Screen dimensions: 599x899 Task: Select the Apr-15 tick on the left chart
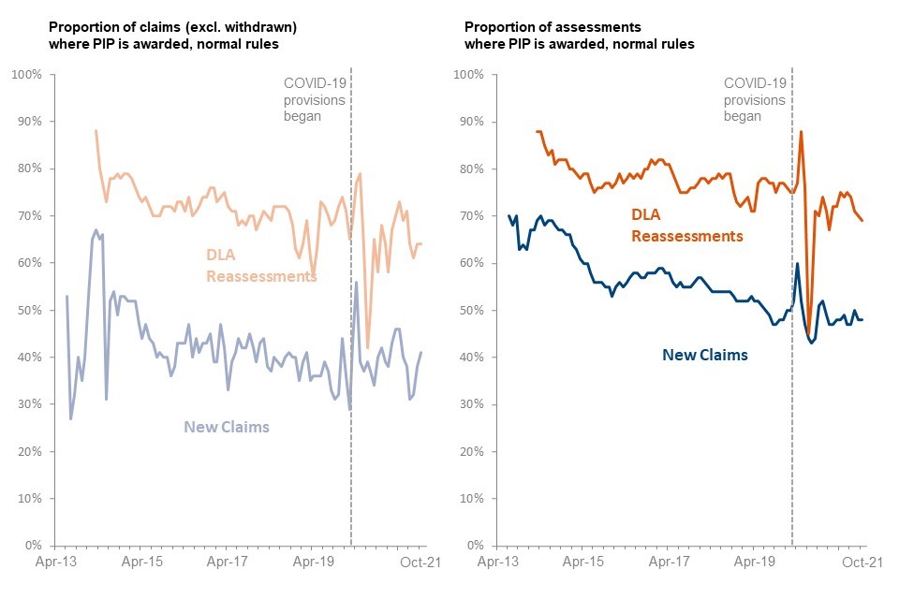coord(142,562)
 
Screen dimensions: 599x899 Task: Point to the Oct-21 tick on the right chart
coord(862,562)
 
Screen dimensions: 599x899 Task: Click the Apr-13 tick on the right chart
coord(497,562)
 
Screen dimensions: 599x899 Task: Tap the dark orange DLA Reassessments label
coord(687,225)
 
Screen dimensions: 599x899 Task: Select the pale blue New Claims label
coord(226,427)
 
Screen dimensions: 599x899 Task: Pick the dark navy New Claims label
coord(705,355)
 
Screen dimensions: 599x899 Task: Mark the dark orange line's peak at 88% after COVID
coord(801,131)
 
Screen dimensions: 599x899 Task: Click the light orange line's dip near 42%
coord(368,347)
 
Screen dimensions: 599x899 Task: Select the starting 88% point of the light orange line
coord(96,131)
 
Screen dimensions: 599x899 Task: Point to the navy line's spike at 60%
coord(797,263)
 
